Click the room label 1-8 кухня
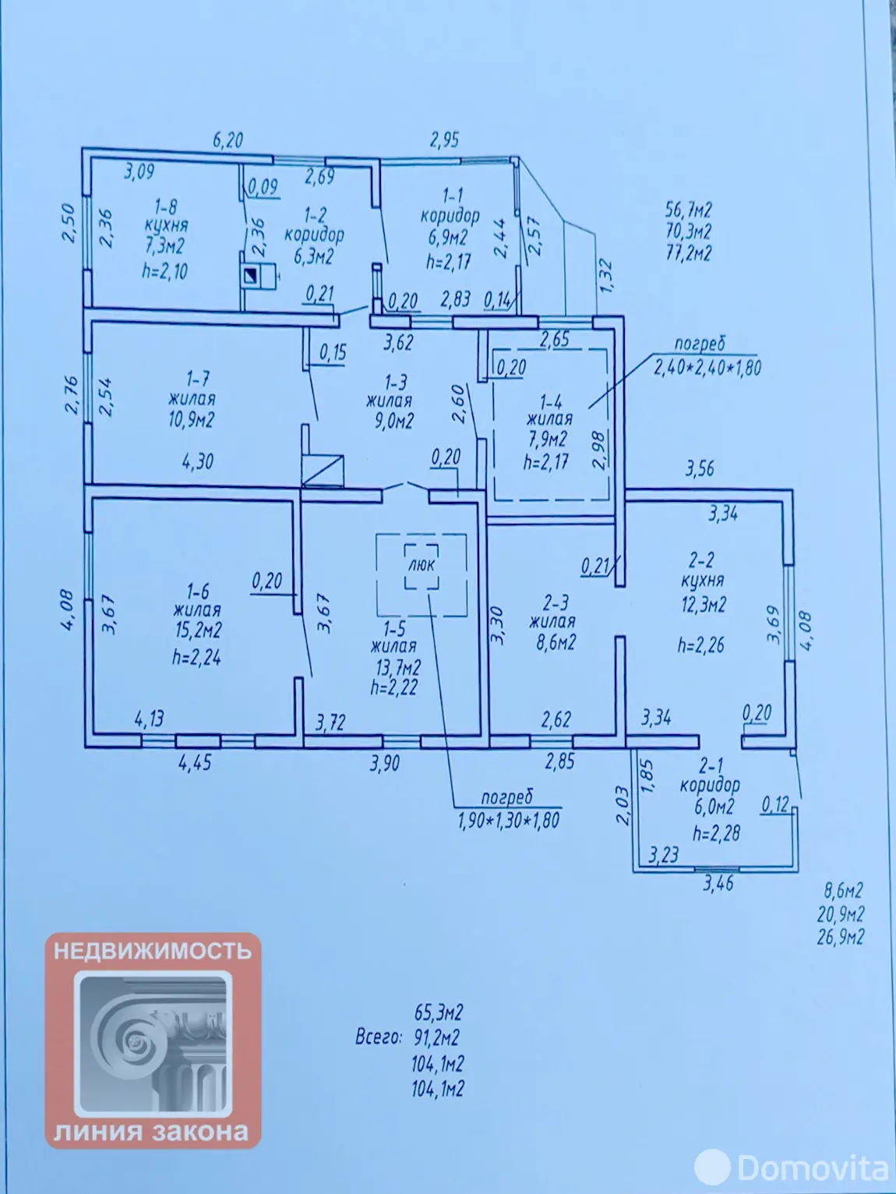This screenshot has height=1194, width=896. point(166,216)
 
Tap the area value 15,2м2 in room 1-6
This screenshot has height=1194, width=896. point(196,630)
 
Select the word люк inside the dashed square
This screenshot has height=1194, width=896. point(422,564)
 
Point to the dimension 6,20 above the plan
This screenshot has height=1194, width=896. point(228,140)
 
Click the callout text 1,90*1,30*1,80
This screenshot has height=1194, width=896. point(508,820)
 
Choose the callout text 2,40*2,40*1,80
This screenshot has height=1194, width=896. point(707,366)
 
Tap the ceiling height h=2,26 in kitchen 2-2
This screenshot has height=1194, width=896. point(700,645)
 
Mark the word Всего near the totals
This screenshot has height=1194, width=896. point(379,1037)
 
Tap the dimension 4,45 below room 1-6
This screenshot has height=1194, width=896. point(195,762)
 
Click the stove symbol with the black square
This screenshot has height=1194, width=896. point(252,275)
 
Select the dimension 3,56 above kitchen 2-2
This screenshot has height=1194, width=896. point(699,468)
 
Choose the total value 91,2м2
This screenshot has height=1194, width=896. point(437,1038)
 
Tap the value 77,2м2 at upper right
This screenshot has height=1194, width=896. point(688,253)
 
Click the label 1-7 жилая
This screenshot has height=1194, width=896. point(192,388)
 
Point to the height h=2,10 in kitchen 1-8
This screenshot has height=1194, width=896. point(164,270)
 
